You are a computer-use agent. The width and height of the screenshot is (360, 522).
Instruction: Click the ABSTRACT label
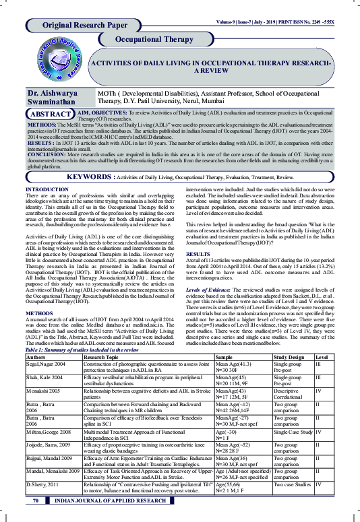click(x=51, y=115)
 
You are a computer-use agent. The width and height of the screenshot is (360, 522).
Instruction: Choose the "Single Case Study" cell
click(x=293, y=450)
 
